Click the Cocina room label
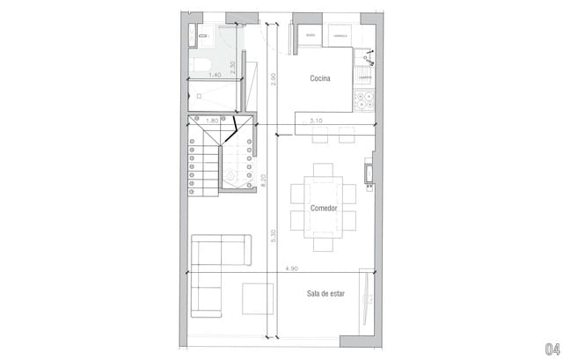319,79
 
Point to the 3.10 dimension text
317,120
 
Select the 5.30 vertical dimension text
274,236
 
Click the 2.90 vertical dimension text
274,79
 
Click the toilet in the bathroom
198,61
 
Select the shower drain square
200,94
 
